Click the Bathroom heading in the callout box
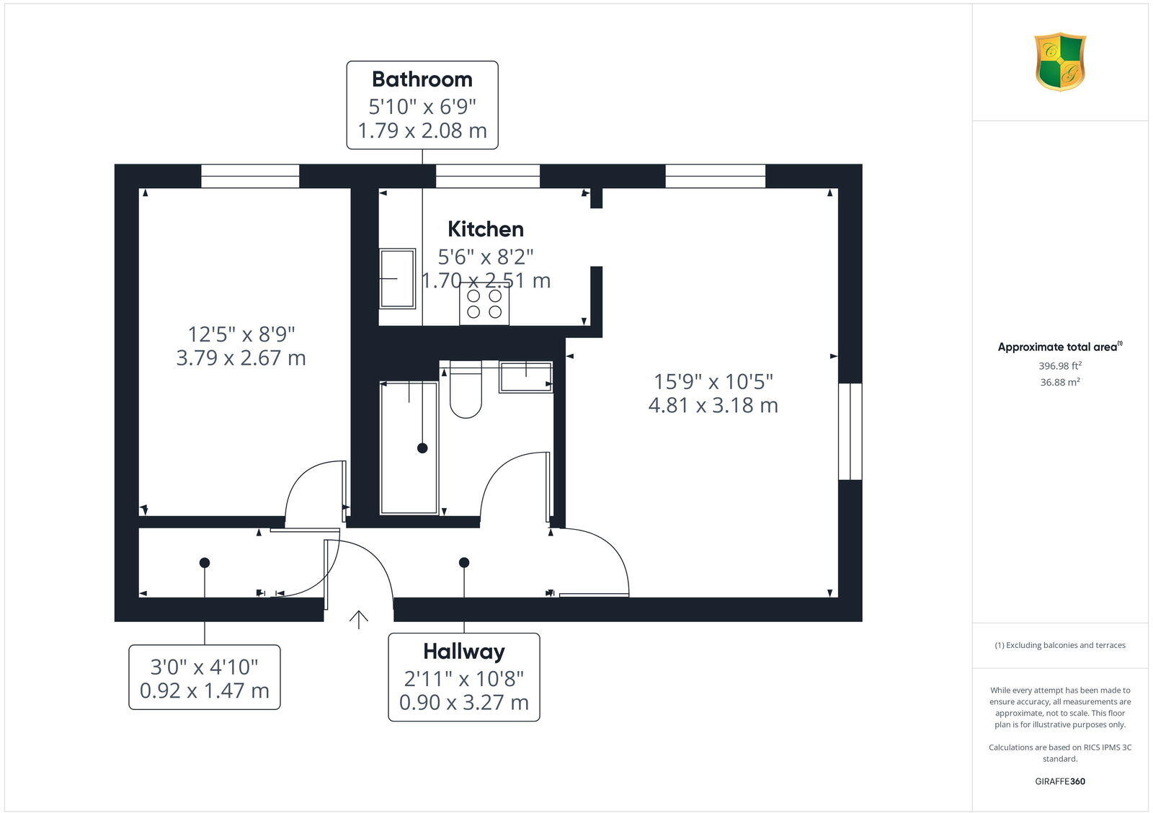point(422,79)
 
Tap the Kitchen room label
point(486,229)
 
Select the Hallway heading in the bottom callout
point(464,652)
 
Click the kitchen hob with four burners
point(484,304)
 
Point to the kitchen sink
point(397,278)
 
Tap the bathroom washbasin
point(526,377)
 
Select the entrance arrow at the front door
point(359,619)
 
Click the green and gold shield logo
point(1060,62)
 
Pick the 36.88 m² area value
point(1060,383)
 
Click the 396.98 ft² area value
point(1060,366)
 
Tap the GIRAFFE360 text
point(1060,781)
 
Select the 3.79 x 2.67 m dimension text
point(241,358)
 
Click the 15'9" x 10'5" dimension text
point(713,381)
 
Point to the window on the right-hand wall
point(850,431)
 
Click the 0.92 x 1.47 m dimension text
point(205,691)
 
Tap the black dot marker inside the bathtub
point(422,448)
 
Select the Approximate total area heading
point(1059,347)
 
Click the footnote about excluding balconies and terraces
point(1060,646)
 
